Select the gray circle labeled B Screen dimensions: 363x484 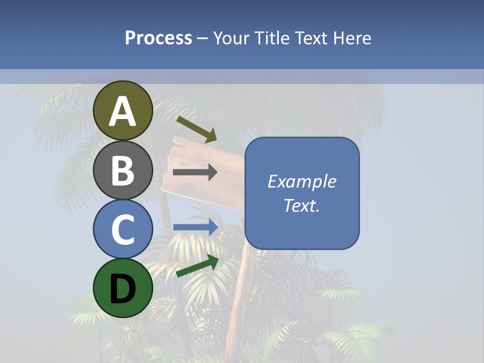pos(123,170)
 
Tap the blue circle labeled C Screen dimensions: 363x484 pos(123,229)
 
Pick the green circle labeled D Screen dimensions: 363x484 pos(123,288)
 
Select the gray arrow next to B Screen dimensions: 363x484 pos(195,172)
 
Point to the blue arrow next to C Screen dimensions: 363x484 pos(195,227)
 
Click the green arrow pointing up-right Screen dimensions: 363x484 pos(197,266)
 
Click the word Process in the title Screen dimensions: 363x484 pos(158,38)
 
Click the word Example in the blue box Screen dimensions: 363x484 pos(302,181)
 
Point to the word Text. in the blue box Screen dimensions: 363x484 pos(302,205)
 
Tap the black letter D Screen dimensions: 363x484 pos(123,289)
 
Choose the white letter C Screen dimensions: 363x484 pos(123,230)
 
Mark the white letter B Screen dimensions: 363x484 pos(123,170)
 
